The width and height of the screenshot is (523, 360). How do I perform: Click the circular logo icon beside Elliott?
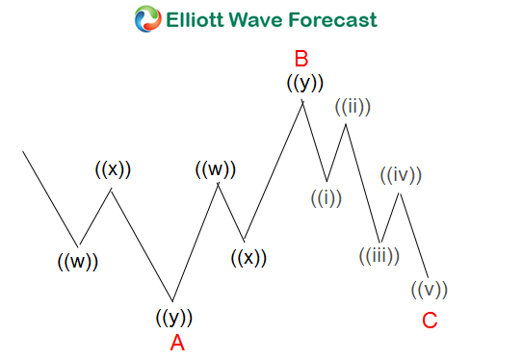coord(147,18)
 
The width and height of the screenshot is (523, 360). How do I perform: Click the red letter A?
coord(176,343)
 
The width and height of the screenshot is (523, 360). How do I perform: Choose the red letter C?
coord(430,321)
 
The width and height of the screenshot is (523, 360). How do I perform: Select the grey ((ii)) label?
coord(353,107)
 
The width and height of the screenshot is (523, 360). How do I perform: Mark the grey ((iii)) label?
coord(379,257)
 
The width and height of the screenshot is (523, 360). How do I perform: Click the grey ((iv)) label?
coord(401,176)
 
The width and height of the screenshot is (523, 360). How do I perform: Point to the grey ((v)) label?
coord(430,289)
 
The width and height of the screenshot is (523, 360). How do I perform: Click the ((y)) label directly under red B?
coord(304,84)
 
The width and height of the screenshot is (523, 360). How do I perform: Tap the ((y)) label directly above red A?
coord(174,317)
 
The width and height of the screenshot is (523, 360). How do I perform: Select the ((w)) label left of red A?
coord(77,260)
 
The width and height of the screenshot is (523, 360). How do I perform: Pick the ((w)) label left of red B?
coord(216,169)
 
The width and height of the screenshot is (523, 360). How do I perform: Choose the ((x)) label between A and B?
coord(248,257)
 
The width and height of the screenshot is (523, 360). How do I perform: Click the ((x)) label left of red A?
coord(113,169)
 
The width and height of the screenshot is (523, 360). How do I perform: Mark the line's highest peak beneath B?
coord(303,100)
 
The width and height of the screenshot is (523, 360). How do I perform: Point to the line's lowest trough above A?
coord(173,300)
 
